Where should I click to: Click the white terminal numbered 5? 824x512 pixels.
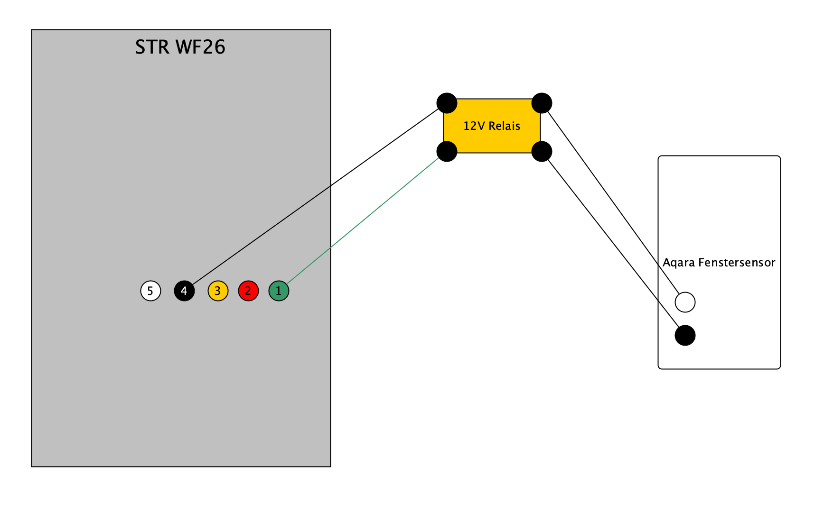click(150, 291)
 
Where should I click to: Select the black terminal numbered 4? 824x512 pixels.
click(184, 291)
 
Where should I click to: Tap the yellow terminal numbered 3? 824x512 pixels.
click(218, 291)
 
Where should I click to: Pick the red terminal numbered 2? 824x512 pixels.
click(248, 291)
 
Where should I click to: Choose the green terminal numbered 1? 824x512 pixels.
click(279, 291)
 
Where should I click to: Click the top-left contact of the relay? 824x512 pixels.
click(447, 103)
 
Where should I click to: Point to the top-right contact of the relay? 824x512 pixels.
click(542, 103)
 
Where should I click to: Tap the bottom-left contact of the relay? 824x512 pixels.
click(447, 152)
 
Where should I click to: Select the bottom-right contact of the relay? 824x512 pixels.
click(542, 152)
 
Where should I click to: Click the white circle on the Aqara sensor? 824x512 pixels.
click(685, 302)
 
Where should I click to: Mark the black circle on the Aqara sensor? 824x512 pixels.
click(685, 336)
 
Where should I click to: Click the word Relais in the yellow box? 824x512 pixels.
click(505, 126)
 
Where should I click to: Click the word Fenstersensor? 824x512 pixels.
click(737, 263)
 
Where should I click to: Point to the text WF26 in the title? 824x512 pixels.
click(200, 47)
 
